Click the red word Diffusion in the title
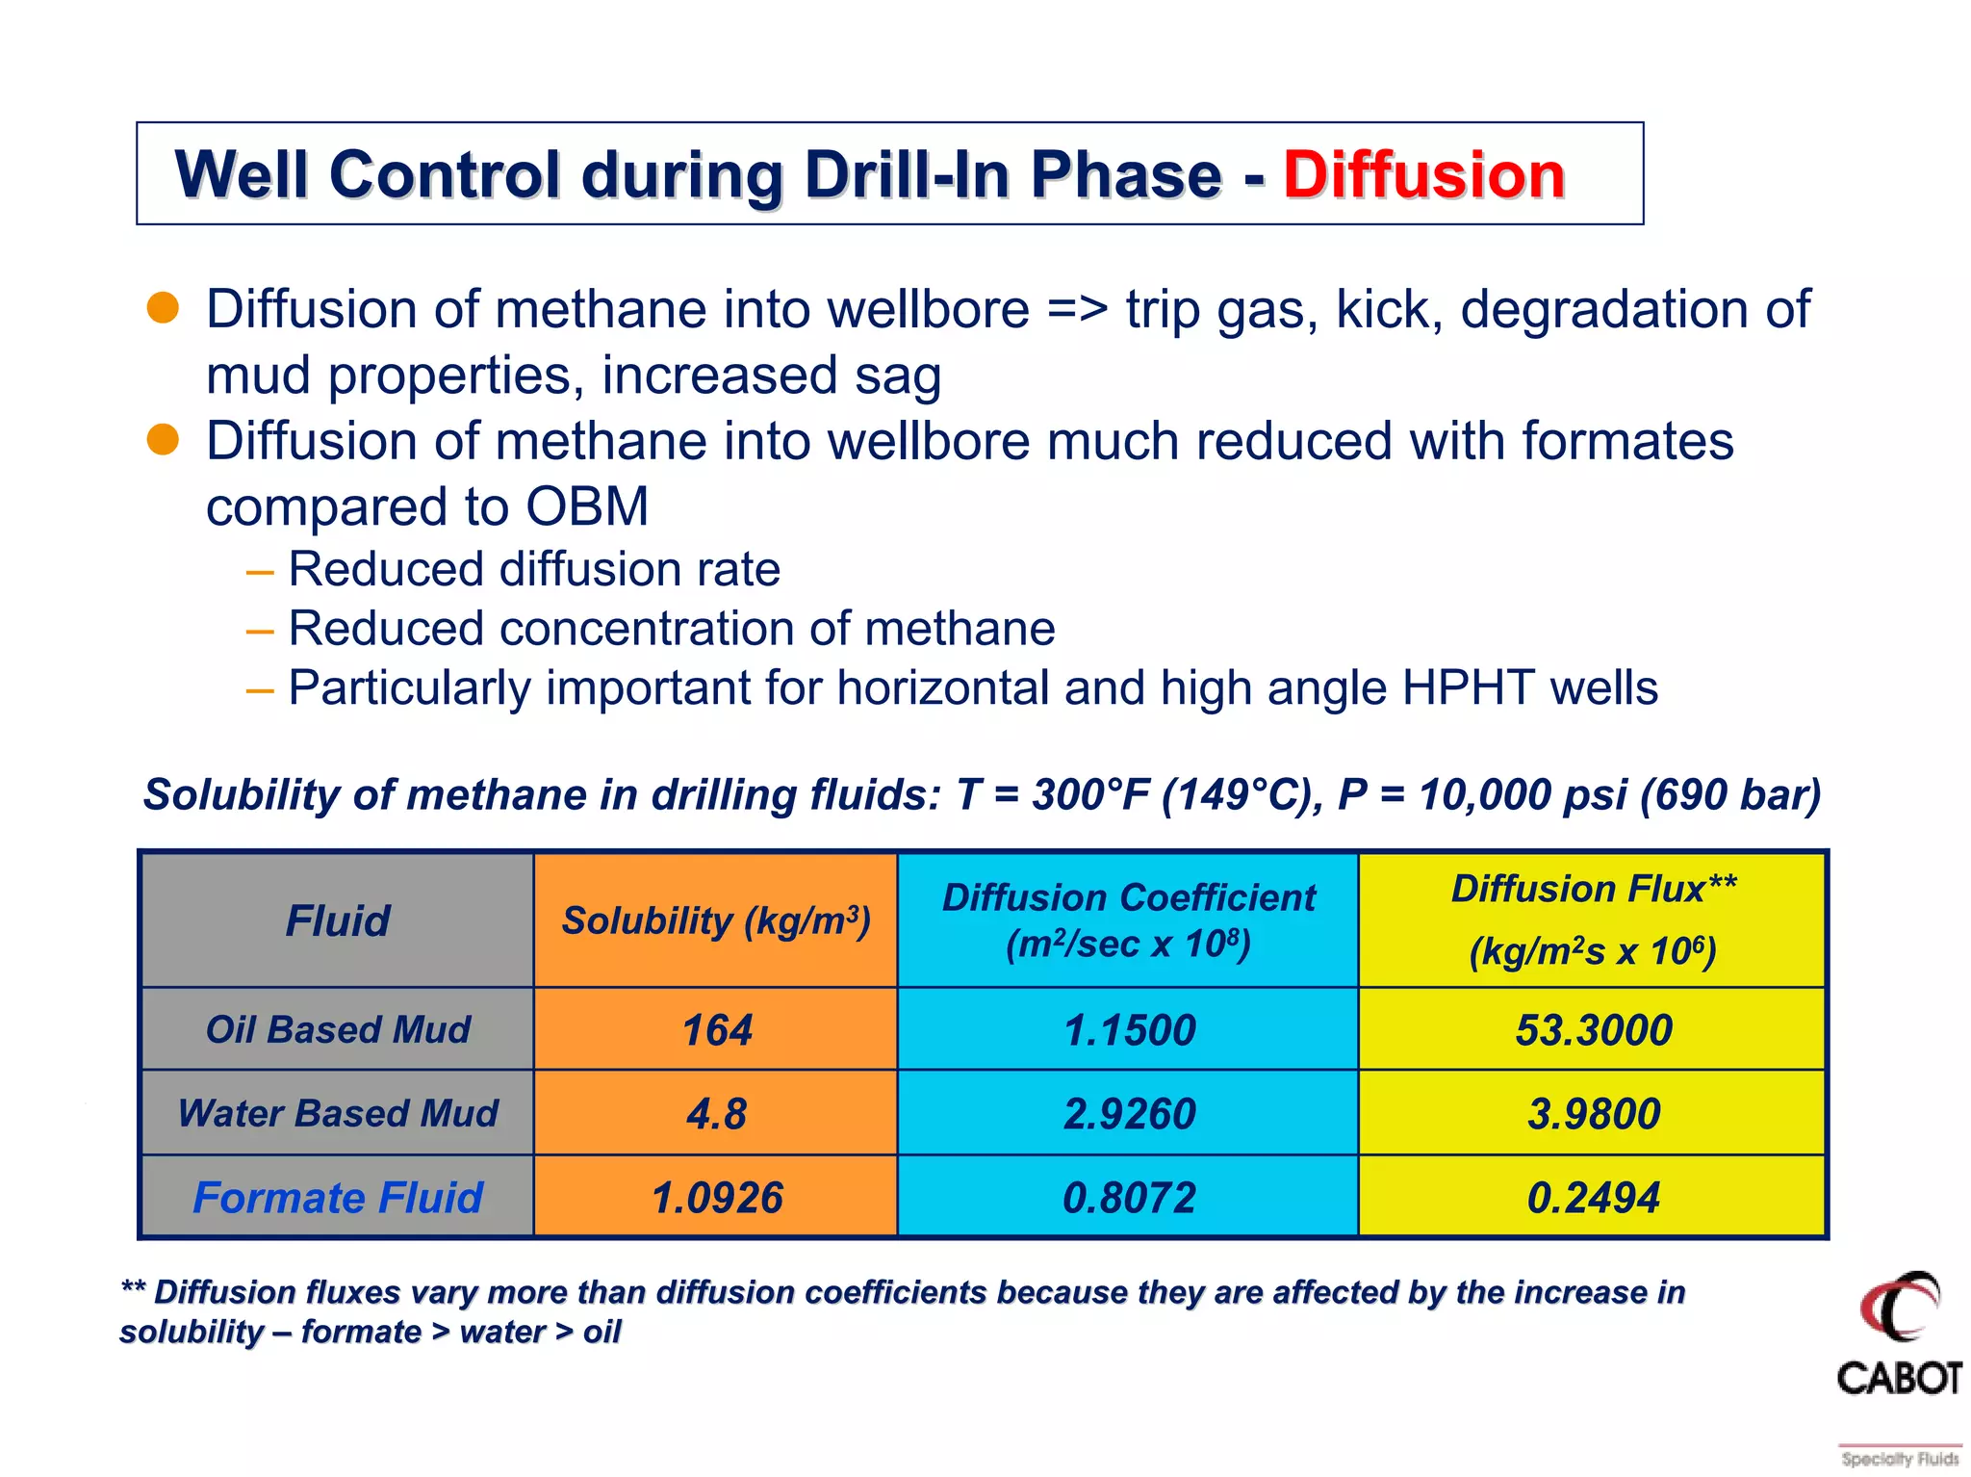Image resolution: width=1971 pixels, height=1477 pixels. (1423, 175)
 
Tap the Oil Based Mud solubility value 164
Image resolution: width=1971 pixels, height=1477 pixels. (717, 1030)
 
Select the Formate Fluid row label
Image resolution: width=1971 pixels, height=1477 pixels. (338, 1198)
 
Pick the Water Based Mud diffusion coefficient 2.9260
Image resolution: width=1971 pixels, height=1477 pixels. (1129, 1114)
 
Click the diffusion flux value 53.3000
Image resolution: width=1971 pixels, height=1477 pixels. (1594, 1030)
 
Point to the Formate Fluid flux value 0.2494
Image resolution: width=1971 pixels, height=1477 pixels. (1594, 1198)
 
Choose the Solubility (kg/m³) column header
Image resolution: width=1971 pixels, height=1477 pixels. (717, 921)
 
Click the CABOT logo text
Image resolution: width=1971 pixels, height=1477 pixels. (1899, 1378)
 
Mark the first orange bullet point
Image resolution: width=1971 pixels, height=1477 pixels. (163, 308)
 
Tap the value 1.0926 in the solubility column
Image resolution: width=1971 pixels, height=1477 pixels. (717, 1198)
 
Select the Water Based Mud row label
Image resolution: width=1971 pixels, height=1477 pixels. (338, 1114)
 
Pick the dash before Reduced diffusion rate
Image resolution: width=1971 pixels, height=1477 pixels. (259, 571)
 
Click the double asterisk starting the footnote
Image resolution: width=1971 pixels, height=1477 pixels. (133, 1290)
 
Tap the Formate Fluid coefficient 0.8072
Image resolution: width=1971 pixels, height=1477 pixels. (1129, 1198)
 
